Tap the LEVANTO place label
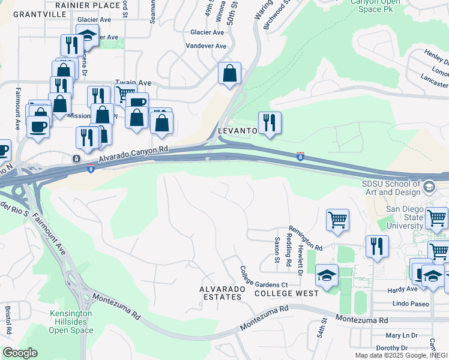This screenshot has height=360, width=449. (237, 130)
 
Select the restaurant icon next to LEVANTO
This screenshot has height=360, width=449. (270, 123)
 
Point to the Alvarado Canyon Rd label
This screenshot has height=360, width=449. (133, 154)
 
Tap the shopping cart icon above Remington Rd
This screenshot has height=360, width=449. (337, 219)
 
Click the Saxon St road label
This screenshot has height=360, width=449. (277, 250)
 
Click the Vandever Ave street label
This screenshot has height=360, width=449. (206, 46)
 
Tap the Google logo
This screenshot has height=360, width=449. (20, 353)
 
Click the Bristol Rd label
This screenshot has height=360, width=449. (8, 321)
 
